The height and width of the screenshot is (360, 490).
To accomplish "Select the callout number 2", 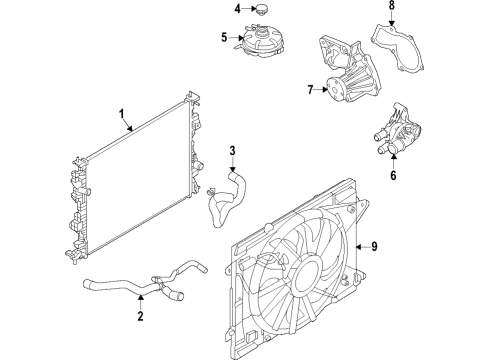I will click(x=141, y=317).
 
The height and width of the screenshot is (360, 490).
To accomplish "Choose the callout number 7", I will click(x=312, y=90).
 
